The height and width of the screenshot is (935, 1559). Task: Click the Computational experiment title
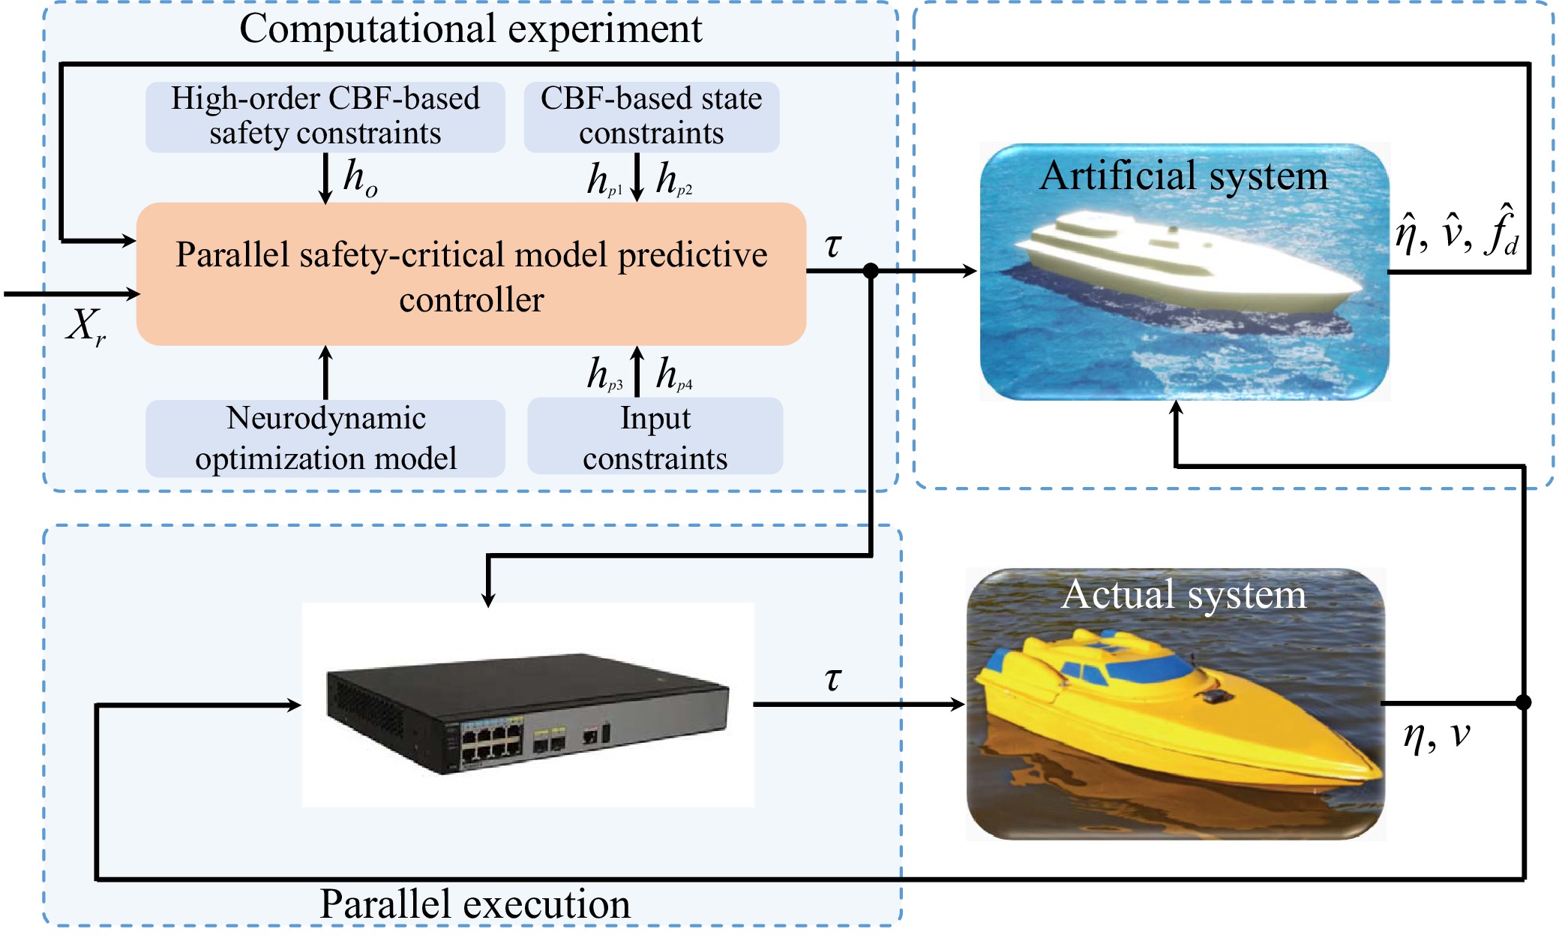click(470, 30)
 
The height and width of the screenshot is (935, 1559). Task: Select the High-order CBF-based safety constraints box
click(325, 116)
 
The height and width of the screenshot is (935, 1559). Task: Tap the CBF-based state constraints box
click(651, 116)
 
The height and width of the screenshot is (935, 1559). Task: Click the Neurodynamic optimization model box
click(325, 438)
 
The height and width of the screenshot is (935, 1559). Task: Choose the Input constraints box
click(655, 438)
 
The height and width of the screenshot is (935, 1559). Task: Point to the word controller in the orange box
click(471, 300)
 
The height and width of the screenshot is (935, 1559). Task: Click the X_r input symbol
click(85, 327)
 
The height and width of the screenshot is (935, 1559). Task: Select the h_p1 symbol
click(604, 180)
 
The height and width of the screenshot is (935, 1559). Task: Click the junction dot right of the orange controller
click(870, 271)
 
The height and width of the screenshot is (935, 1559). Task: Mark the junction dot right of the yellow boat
click(1523, 702)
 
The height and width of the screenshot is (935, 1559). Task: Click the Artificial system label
click(1183, 176)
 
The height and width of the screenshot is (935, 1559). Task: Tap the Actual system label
click(1183, 595)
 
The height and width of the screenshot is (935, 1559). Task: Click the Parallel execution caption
click(475, 904)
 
